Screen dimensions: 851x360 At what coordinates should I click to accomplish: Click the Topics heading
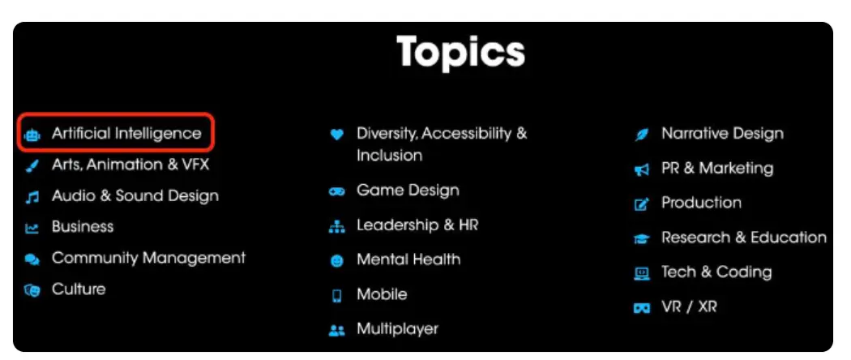461,52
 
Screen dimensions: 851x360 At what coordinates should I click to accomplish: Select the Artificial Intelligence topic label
126,134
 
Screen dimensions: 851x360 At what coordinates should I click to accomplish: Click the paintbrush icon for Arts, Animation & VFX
32,166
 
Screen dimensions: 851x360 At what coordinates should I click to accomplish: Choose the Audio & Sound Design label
135,196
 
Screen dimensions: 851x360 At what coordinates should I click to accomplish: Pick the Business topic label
83,227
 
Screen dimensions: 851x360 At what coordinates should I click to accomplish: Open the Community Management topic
148,258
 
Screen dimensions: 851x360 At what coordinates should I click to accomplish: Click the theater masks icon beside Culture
32,290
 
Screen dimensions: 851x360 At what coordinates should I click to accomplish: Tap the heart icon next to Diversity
337,134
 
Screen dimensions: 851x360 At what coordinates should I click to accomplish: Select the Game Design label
408,191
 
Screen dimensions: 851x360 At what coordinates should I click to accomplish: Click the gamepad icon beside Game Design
337,191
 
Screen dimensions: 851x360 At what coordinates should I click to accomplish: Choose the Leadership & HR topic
417,225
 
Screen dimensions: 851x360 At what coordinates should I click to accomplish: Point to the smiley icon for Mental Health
337,261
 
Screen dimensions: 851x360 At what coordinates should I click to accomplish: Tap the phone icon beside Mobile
337,296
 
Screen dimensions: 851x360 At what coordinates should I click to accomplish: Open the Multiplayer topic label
397,329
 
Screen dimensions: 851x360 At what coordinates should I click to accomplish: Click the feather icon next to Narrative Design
642,135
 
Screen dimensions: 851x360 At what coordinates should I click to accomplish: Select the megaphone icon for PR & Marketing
642,170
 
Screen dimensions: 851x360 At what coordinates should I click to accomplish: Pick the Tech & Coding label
716,272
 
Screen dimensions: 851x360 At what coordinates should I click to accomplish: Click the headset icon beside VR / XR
642,308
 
